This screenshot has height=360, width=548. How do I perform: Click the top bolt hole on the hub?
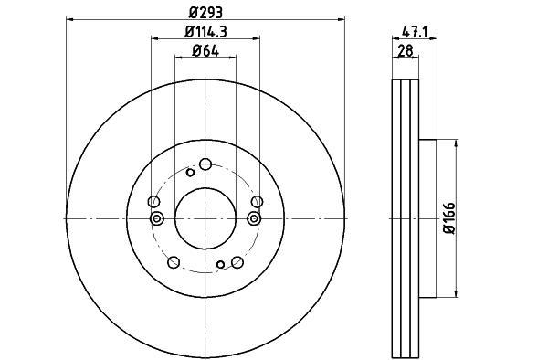(205, 164)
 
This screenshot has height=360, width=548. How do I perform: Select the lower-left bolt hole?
(174, 262)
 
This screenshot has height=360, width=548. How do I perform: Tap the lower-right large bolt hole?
(237, 262)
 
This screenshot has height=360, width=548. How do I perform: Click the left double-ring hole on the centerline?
(155, 217)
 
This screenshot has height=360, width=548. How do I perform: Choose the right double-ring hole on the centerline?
(255, 217)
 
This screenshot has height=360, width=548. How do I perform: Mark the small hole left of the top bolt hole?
(190, 172)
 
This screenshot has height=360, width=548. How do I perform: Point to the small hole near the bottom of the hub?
(220, 265)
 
